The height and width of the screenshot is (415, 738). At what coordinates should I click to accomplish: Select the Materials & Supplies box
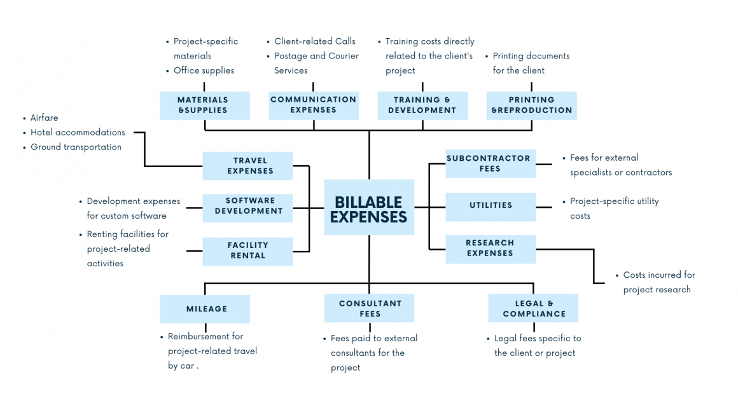(204, 105)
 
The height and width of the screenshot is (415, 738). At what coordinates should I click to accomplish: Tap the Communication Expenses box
(313, 105)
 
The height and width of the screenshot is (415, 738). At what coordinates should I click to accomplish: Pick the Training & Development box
(422, 105)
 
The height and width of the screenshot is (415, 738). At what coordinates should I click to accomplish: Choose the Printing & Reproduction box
(531, 105)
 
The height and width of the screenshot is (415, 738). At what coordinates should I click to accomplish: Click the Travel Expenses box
(247, 166)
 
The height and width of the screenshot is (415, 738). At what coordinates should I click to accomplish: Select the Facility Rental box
(247, 251)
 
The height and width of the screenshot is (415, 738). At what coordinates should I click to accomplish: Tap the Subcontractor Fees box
(490, 164)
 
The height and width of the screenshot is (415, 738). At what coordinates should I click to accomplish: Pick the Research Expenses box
(490, 248)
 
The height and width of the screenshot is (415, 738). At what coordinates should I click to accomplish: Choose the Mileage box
(204, 309)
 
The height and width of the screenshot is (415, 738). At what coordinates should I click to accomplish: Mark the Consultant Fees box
(369, 309)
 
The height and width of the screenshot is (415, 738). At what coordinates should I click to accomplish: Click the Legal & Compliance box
(533, 309)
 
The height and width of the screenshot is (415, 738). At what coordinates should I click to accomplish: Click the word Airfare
(45, 118)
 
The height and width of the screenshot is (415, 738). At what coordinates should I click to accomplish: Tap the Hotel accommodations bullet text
(78, 132)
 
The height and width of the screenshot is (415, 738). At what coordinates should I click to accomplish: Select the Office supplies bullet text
(204, 71)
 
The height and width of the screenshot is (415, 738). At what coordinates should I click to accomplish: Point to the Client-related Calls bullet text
(314, 41)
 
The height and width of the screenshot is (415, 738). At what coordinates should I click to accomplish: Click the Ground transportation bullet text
(76, 147)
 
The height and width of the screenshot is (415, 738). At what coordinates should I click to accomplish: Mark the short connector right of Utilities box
(544, 207)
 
